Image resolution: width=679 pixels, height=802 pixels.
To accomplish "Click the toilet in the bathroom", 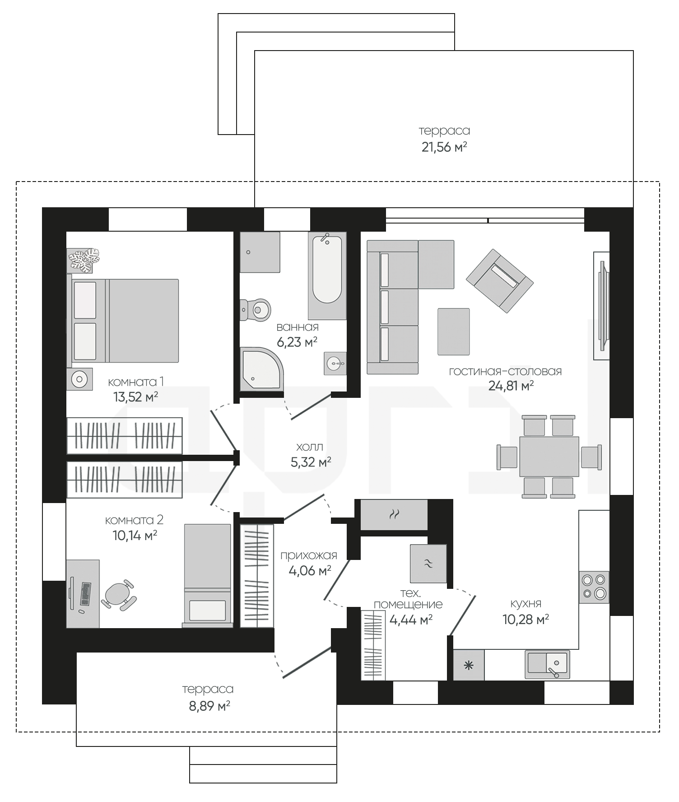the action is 256,310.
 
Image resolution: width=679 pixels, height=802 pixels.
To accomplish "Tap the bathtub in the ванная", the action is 327,270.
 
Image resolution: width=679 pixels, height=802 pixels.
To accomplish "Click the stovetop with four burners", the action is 594,587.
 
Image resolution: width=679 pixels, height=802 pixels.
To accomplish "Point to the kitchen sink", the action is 547,664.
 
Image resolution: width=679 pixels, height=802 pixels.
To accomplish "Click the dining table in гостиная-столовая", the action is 549,456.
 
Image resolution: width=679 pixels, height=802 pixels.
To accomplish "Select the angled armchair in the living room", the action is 500,280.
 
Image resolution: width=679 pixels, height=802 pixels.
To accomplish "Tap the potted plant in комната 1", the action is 84,260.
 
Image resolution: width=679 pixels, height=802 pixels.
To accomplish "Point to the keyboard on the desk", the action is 85,594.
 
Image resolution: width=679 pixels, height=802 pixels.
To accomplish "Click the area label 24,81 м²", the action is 511,386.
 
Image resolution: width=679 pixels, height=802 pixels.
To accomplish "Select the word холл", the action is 310,447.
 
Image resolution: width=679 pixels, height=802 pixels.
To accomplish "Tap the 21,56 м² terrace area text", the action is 444,147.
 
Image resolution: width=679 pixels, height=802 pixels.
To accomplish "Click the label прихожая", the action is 309,556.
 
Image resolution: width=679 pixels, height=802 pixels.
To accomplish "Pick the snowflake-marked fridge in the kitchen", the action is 469,665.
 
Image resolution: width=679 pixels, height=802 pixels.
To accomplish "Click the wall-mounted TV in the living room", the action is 602,306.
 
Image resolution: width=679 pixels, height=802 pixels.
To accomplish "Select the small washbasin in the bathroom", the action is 335,363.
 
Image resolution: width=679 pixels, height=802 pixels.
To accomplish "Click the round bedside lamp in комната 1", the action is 79,379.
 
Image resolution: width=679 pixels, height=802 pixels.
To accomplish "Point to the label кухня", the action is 526,604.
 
